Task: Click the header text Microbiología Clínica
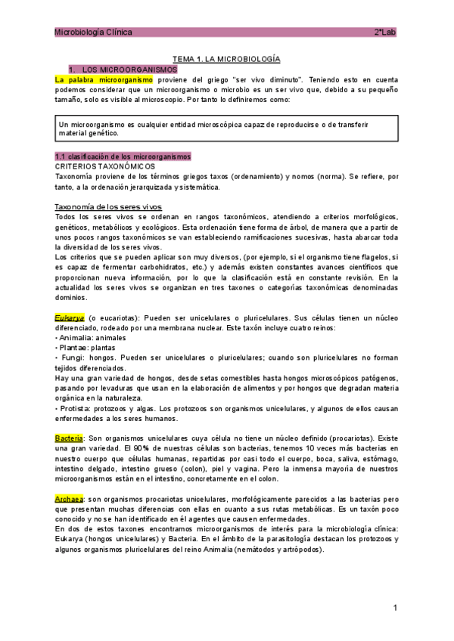point(93,33)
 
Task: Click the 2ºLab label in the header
point(385,33)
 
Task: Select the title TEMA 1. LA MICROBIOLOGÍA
point(227,59)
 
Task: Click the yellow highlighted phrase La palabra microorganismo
point(104,79)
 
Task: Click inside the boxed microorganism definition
point(227,128)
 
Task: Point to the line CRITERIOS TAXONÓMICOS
point(105,166)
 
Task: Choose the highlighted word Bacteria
point(69,438)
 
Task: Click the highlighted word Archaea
point(70,500)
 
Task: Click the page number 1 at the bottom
point(395,608)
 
